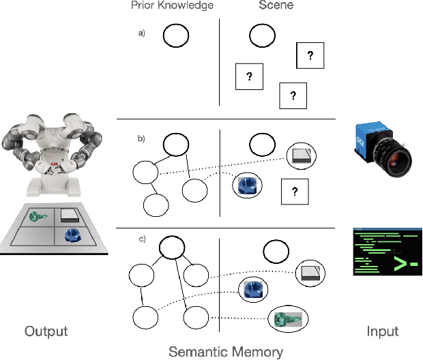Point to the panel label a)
coord(141,33)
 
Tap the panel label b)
coord(141,139)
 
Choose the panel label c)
coord(141,238)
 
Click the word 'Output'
coord(46,331)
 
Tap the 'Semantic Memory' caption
coord(226,352)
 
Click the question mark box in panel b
coord(294,192)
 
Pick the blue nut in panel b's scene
coord(246,185)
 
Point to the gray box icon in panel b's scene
coord(301,155)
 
